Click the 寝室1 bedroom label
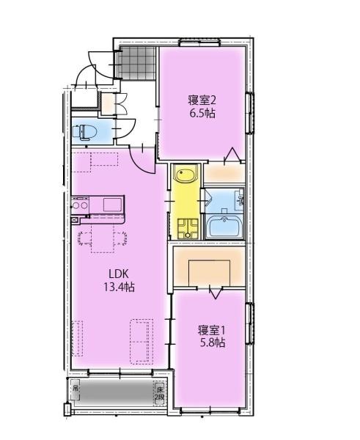point(210,329)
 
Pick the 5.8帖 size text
point(210,342)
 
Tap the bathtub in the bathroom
point(227,226)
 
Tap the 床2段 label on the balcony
point(159,393)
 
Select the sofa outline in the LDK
point(141,341)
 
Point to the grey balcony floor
point(117,395)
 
